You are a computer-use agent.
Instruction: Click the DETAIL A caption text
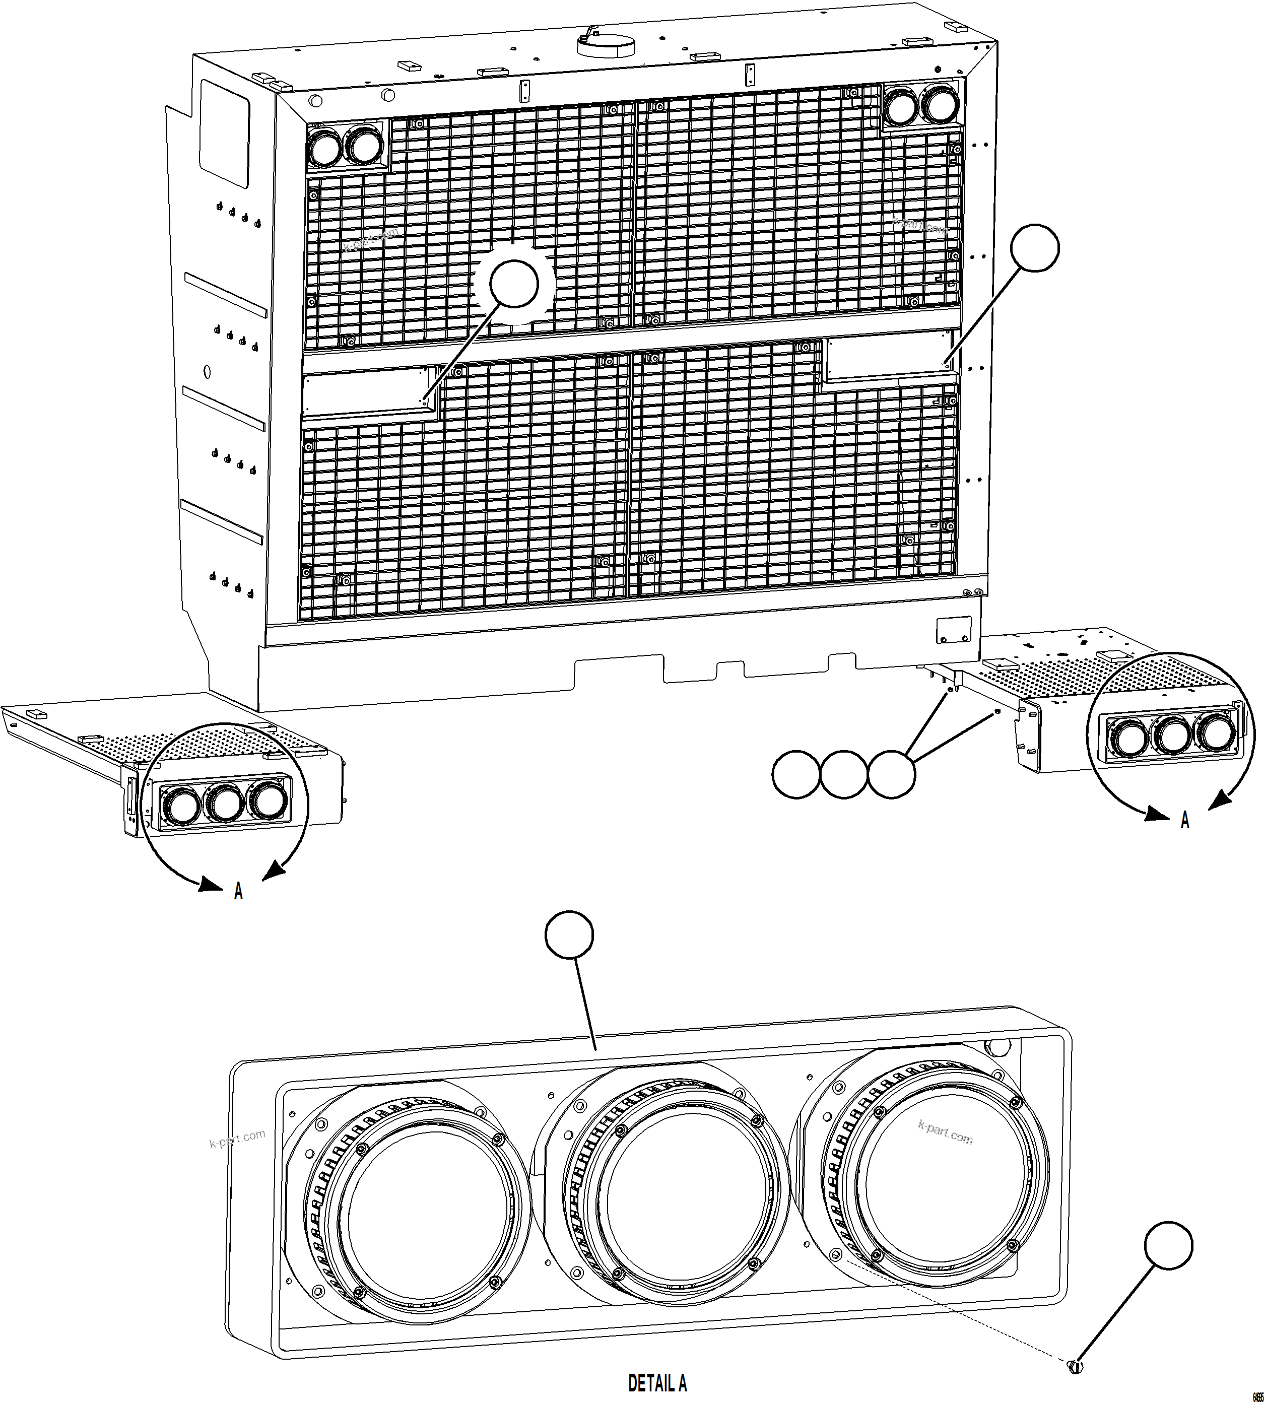(657, 1383)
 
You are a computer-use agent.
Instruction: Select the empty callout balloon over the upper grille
(514, 284)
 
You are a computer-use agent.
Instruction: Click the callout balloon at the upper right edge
(1035, 248)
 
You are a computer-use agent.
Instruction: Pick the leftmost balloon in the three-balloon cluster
(796, 774)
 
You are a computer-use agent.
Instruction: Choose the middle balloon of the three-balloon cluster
(844, 774)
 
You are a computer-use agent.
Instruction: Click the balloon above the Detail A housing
(569, 936)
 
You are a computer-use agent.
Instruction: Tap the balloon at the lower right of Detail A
(1169, 1245)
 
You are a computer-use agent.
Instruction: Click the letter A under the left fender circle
(238, 891)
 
